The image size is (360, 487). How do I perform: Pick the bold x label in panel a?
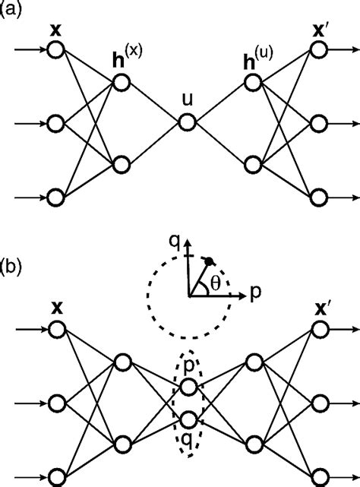tap(55, 33)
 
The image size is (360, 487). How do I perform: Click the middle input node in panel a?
tap(55, 123)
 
